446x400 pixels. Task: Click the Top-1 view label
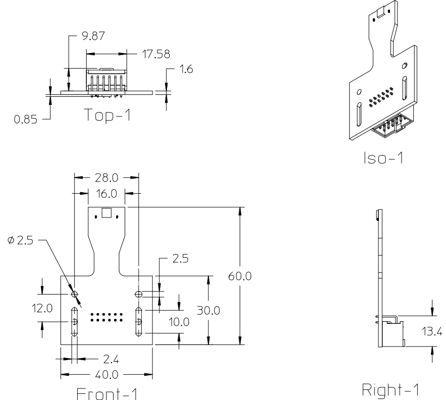pos(106,116)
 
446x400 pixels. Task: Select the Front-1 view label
pos(106,392)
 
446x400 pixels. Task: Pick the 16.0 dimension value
pos(106,193)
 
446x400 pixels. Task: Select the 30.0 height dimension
pos(208,311)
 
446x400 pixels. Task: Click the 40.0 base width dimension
pos(106,375)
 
